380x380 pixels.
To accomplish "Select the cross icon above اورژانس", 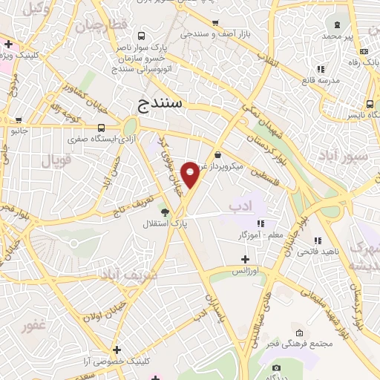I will pyautogui.click(x=245, y=259).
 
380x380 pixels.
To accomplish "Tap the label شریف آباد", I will pyautogui.click(x=112, y=276).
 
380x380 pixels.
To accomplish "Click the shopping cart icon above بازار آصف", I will pyautogui.click(x=215, y=24).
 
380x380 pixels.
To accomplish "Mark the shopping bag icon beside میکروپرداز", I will pyautogui.click(x=217, y=154).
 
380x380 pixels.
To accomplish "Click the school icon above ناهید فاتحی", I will pyautogui.click(x=318, y=240).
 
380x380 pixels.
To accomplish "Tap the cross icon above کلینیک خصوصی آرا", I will pyautogui.click(x=117, y=350).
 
